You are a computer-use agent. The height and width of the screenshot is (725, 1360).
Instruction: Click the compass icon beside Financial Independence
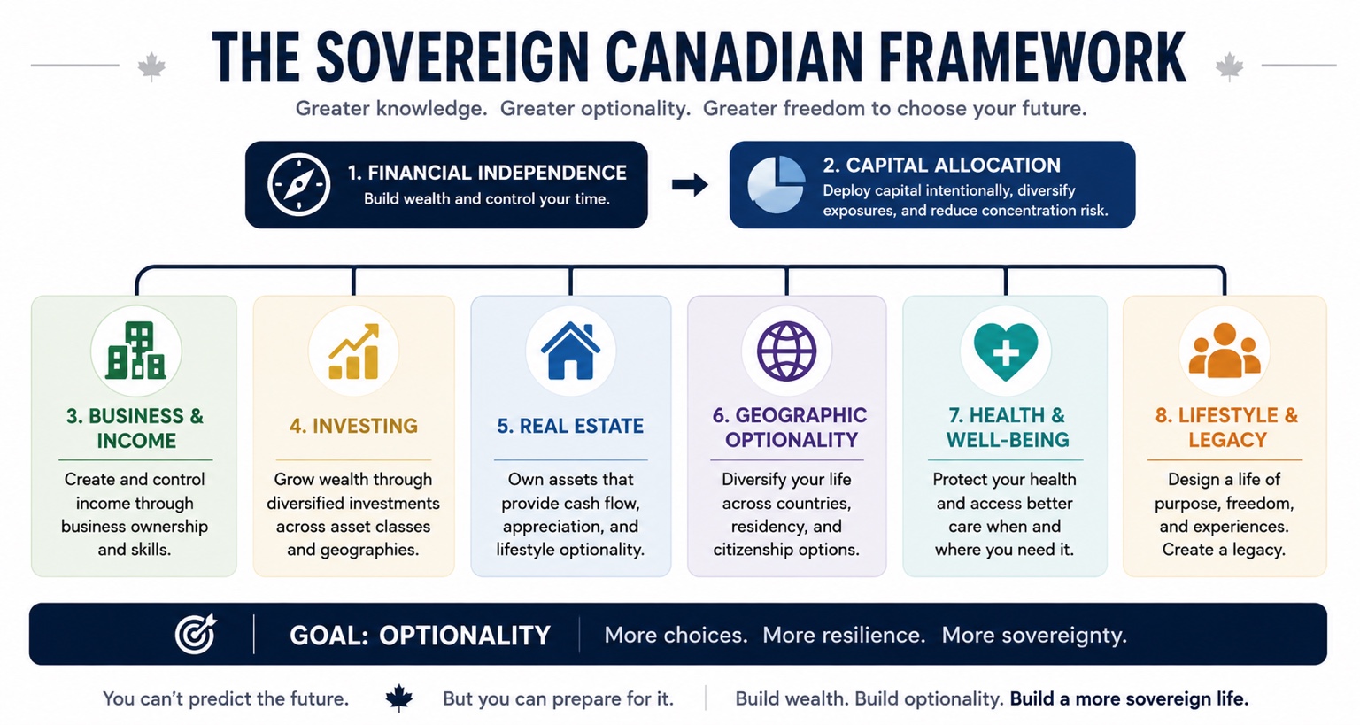298,185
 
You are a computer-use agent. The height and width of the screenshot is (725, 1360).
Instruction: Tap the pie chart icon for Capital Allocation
777,185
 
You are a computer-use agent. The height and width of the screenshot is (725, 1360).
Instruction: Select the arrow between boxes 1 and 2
690,185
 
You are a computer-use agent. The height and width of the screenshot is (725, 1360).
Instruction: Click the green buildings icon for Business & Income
136,351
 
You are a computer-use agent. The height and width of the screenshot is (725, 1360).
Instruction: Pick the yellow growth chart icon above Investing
354,351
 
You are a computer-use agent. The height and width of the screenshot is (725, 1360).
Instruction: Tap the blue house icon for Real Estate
571,351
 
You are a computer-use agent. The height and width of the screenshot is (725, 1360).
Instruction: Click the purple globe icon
787,351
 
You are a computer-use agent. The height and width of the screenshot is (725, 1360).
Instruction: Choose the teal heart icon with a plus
1006,351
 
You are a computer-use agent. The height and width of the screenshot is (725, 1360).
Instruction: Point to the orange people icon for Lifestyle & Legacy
1225,351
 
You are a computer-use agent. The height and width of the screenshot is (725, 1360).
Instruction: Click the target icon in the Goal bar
196,634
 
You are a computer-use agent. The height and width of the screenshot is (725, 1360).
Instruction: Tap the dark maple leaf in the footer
399,698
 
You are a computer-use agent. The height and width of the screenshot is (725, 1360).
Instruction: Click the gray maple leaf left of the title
151,66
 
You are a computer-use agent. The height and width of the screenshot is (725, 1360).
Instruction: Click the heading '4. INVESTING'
353,427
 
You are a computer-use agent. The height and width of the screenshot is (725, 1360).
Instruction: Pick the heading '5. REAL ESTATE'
570,427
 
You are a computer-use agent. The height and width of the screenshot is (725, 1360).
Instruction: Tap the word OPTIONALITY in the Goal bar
465,635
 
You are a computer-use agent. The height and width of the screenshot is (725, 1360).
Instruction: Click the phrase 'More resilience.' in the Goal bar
844,635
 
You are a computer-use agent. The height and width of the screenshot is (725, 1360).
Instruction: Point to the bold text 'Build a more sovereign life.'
1129,699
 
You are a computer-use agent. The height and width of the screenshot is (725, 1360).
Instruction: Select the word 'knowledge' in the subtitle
431,109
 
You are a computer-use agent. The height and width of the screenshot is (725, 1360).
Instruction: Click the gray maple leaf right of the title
1230,66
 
